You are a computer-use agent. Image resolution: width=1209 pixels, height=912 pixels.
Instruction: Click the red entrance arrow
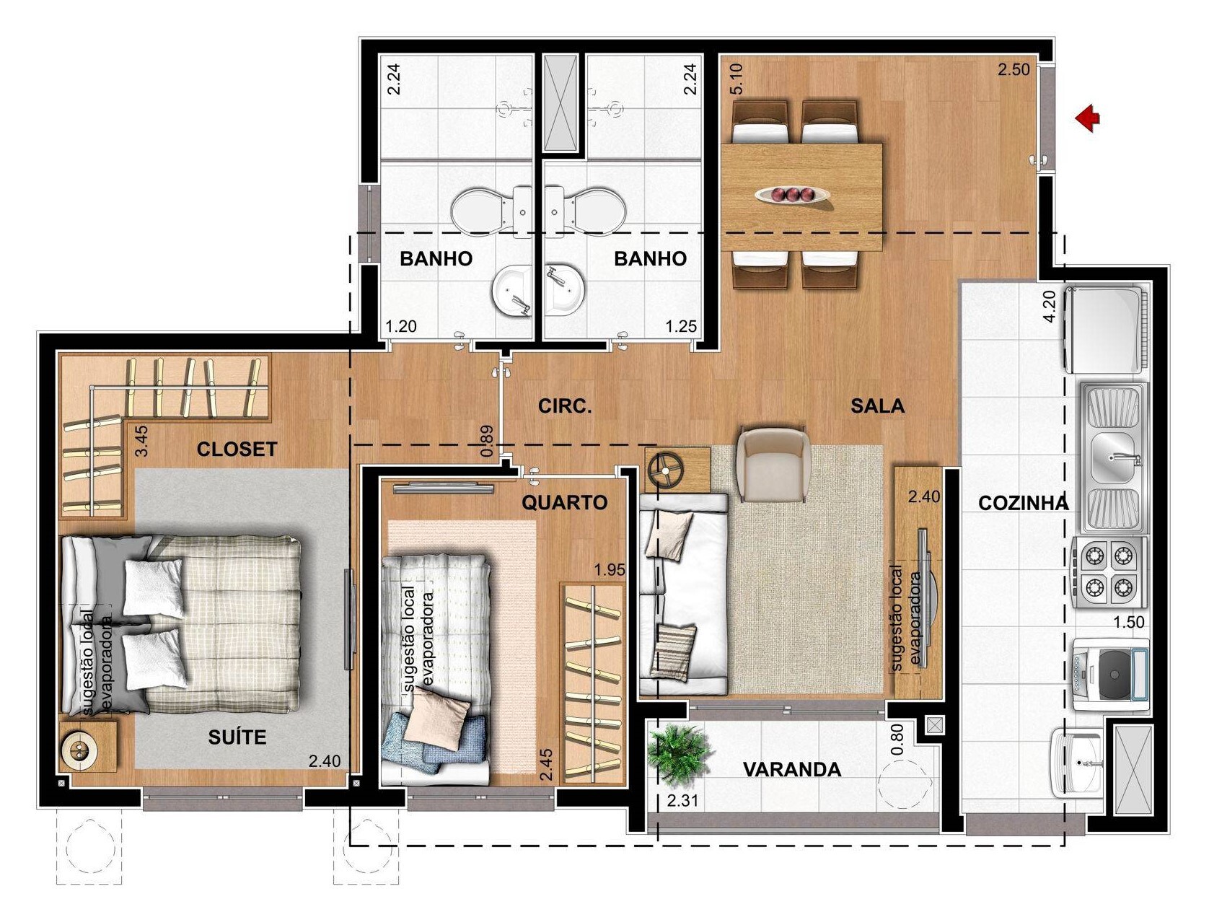click(1087, 120)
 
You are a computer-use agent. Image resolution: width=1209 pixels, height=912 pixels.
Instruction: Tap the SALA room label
click(877, 406)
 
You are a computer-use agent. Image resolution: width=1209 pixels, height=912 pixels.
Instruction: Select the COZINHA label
click(1024, 503)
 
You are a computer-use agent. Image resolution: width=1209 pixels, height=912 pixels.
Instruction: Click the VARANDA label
click(792, 770)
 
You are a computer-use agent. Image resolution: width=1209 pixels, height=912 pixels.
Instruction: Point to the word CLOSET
click(237, 450)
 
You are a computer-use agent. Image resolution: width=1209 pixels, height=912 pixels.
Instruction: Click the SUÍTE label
click(237, 737)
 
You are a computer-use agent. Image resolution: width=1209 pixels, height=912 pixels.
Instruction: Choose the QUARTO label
click(565, 502)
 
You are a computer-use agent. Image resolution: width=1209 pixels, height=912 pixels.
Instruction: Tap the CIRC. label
click(565, 406)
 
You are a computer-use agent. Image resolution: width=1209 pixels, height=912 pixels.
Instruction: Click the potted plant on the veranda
click(679, 753)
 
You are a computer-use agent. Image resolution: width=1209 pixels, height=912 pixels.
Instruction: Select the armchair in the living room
click(773, 464)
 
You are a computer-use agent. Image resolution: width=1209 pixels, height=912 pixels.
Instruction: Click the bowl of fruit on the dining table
click(793, 194)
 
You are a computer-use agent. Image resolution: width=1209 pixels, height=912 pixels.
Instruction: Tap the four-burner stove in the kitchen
click(1108, 573)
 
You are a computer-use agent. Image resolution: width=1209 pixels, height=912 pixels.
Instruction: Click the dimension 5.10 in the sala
click(737, 79)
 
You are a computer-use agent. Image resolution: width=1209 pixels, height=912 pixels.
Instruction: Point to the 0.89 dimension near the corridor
click(486, 441)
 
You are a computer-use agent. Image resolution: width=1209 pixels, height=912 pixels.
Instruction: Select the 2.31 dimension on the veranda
click(682, 800)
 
